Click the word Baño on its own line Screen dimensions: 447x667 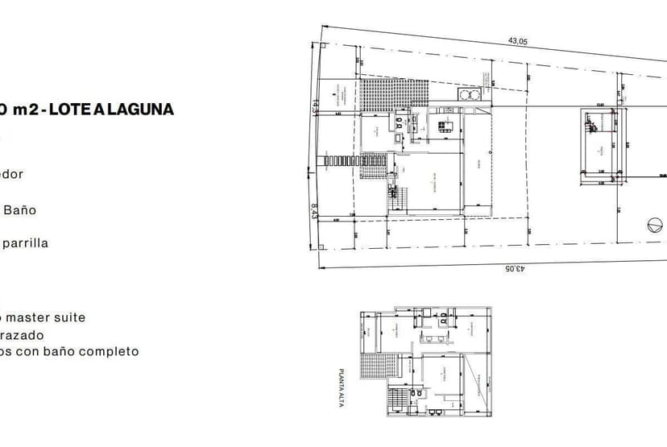point(20,210)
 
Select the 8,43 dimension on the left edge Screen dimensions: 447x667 point(315,210)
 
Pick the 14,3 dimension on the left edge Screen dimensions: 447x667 point(315,106)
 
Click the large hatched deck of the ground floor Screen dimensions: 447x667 point(392,94)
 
